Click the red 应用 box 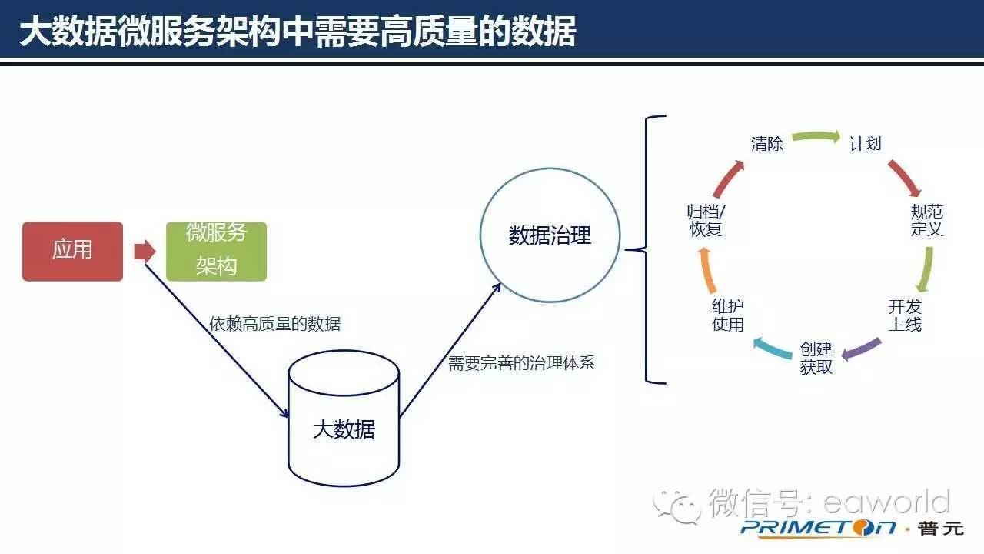[x=72, y=251]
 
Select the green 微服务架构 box [x=216, y=251]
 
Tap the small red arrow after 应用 [x=144, y=251]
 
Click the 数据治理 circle [x=550, y=236]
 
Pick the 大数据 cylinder [x=344, y=419]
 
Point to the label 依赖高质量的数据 [x=274, y=325]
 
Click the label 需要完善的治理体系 [x=521, y=363]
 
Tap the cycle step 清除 [x=766, y=144]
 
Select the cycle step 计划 [x=865, y=144]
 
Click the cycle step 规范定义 [x=926, y=221]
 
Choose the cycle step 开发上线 [x=905, y=315]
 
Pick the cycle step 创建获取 [x=816, y=359]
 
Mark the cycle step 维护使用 [x=728, y=315]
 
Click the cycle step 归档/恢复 [x=706, y=221]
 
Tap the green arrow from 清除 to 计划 [x=816, y=137]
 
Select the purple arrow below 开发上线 [x=861, y=349]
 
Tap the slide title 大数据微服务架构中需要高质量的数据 [x=298, y=33]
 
